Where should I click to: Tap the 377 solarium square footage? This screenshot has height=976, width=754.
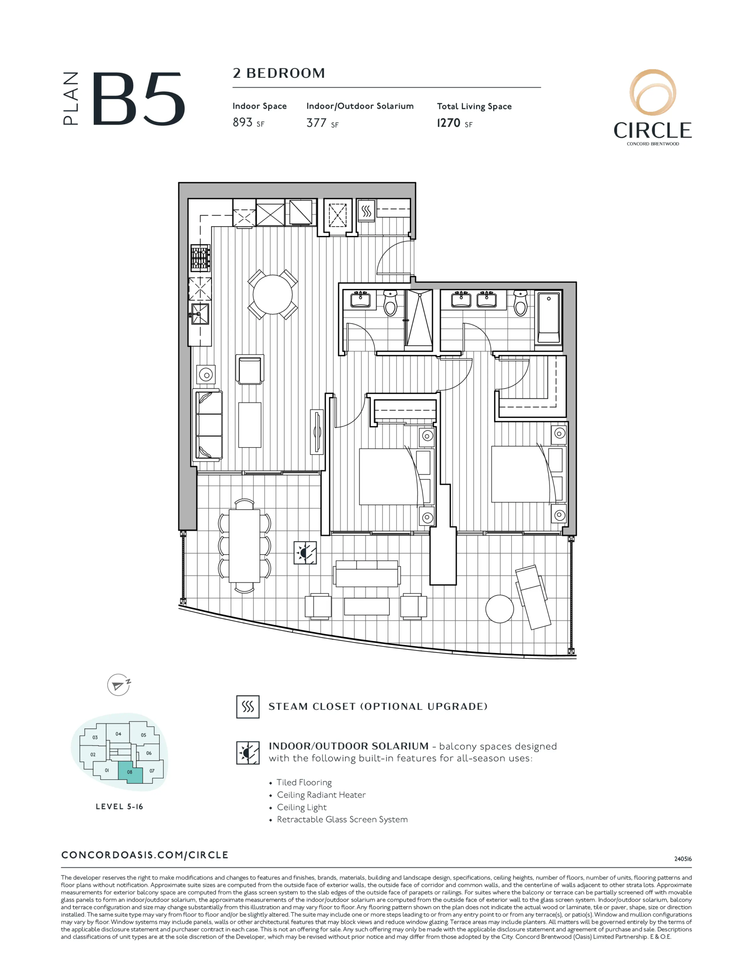point(316,123)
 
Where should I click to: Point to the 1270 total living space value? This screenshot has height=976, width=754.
point(448,123)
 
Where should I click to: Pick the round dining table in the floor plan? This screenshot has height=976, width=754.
point(272,294)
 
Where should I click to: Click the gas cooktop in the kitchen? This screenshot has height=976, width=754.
point(200,258)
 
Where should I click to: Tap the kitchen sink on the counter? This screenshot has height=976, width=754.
point(200,314)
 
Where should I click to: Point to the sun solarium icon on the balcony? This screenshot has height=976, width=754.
point(305,552)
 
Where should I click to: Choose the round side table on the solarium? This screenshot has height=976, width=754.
point(499,608)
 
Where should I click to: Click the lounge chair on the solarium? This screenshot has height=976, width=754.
point(531,597)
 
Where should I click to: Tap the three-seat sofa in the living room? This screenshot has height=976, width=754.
point(208,425)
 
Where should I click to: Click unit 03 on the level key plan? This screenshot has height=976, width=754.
point(95,737)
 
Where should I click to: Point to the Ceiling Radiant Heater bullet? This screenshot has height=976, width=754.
point(321,795)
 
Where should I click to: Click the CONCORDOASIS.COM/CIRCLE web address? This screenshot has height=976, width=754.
point(145,855)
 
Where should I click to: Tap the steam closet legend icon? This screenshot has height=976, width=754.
point(248,706)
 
